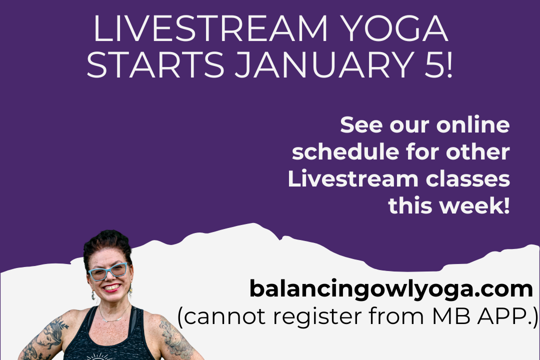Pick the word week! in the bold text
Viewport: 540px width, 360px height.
[477, 205]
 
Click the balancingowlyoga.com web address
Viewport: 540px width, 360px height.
[391, 289]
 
